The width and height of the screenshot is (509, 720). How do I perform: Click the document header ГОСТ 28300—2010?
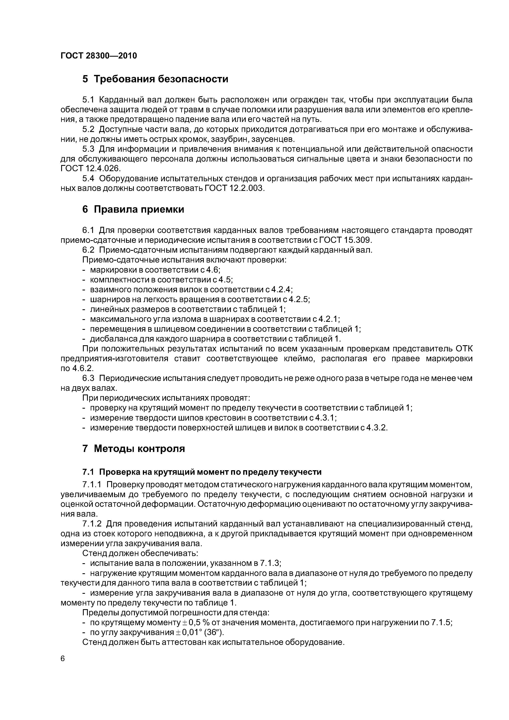99,56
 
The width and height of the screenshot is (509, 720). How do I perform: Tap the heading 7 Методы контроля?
134,448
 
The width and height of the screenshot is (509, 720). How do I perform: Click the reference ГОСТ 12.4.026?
90,169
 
